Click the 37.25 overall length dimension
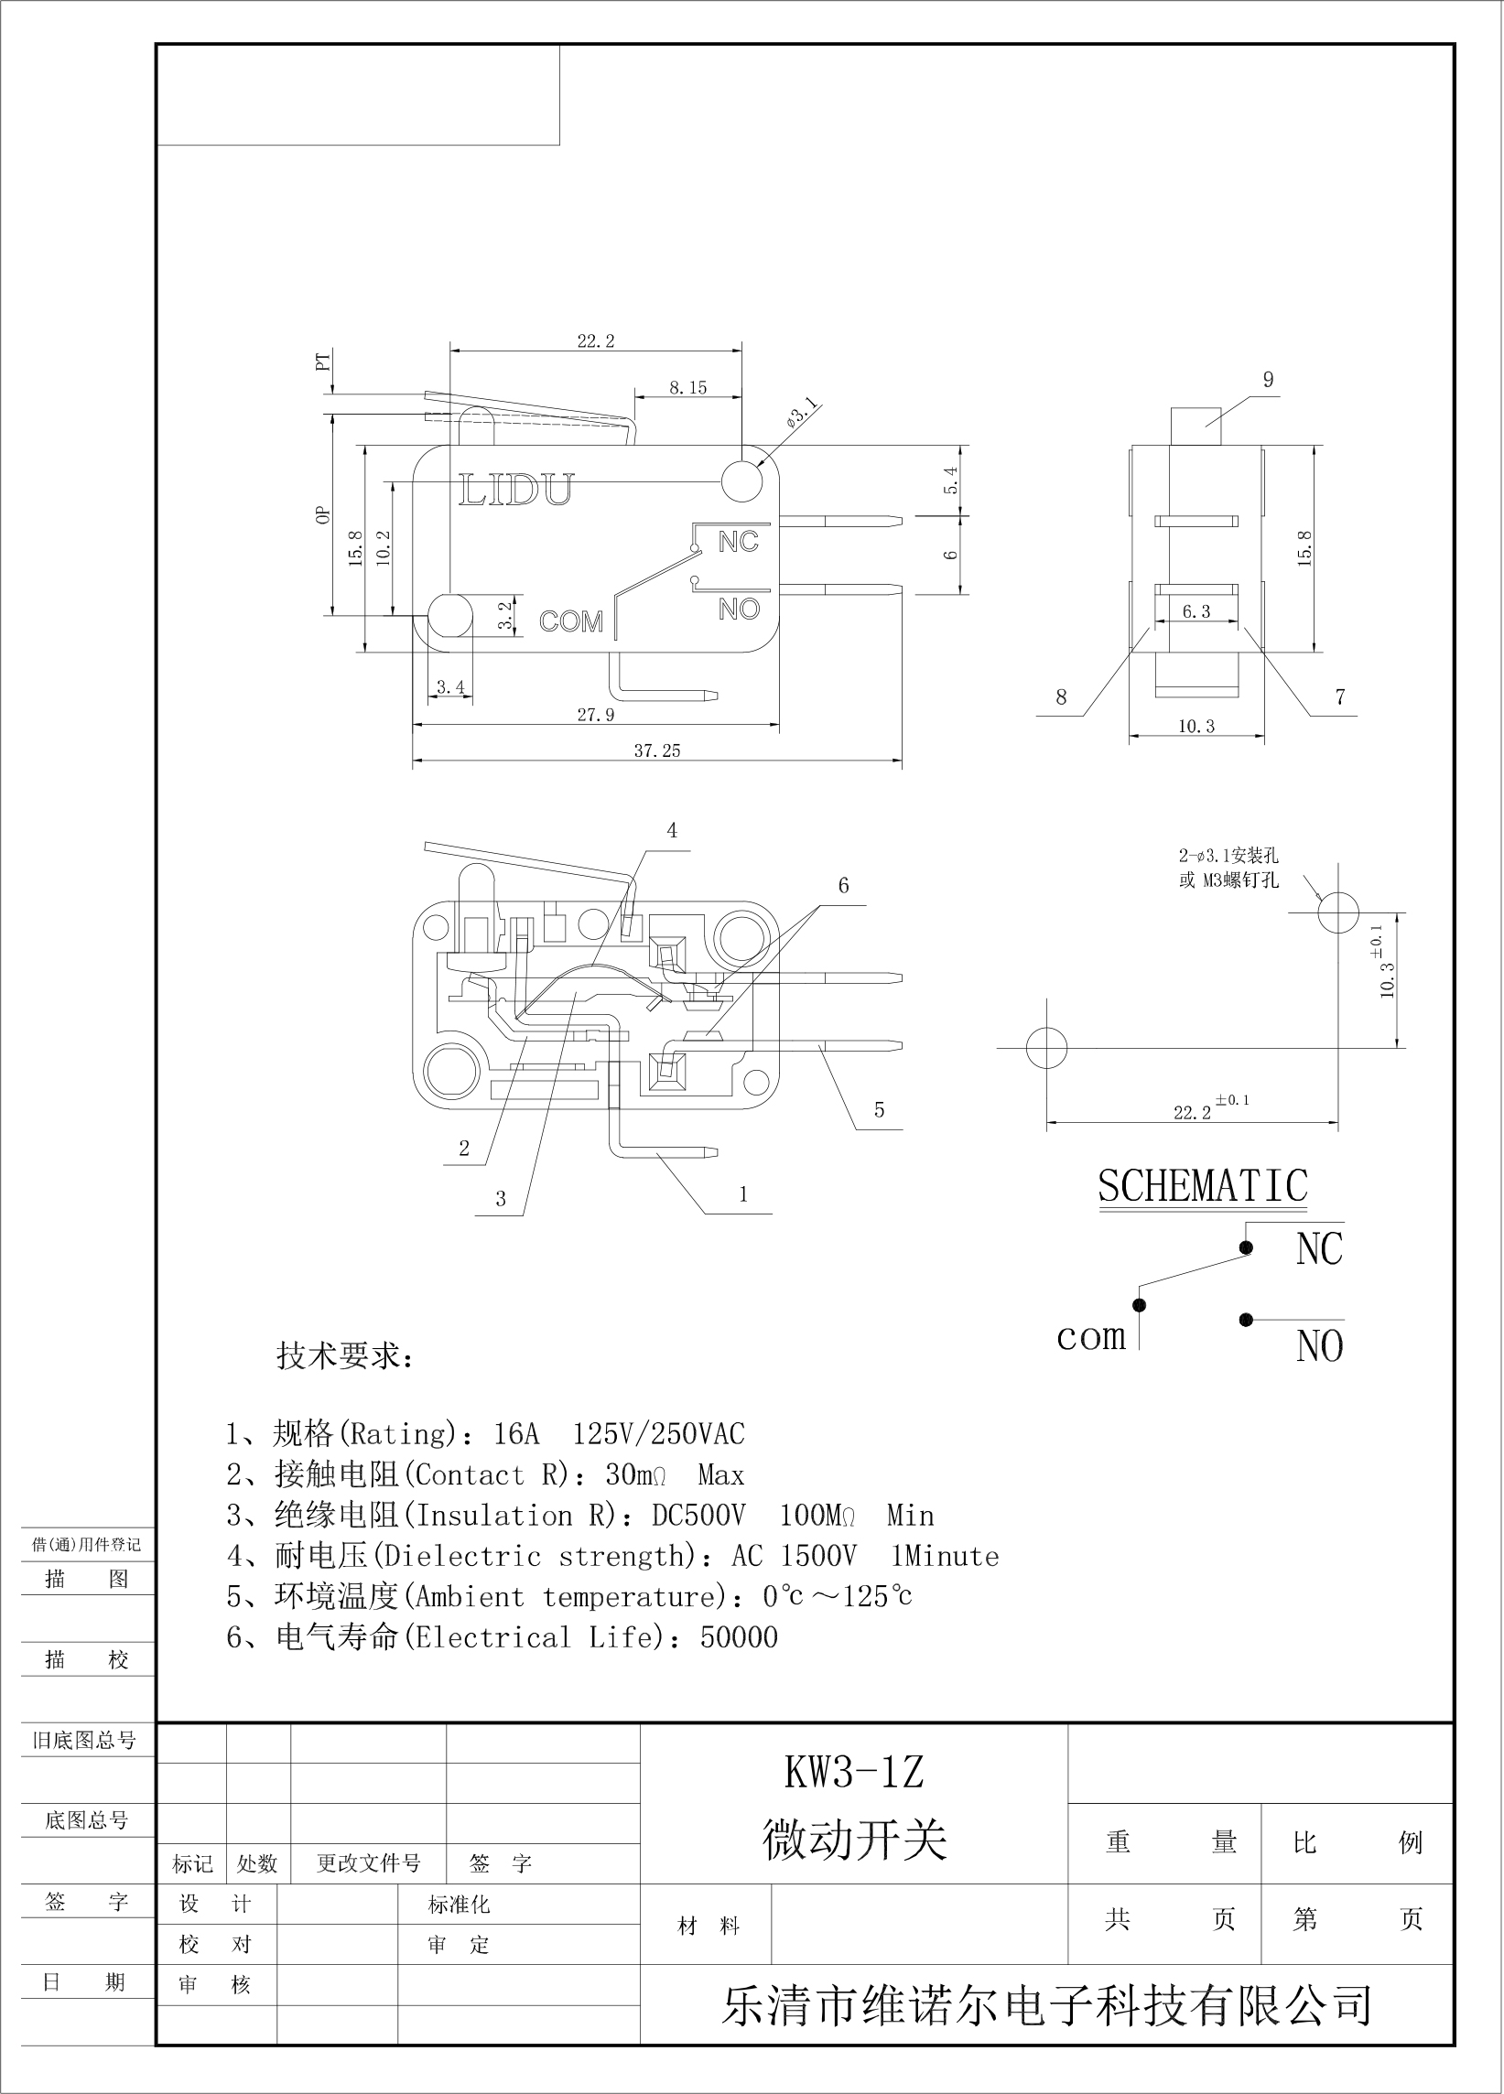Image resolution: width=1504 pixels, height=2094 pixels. coord(656,750)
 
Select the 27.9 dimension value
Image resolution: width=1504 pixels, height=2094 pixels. coord(597,715)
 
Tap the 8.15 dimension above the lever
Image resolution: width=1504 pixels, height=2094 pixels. coord(687,388)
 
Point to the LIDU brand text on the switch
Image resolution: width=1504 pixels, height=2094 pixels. coord(516,490)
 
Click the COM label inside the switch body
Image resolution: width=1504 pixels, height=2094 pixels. coord(570,621)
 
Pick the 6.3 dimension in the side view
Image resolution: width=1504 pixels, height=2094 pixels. coord(1196,611)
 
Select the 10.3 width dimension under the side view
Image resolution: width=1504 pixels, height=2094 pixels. coord(1196,727)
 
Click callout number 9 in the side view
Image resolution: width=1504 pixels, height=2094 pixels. coord(1268,380)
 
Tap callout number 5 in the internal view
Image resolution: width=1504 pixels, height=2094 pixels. coord(879,1109)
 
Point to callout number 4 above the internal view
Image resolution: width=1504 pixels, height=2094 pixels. coord(672,830)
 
